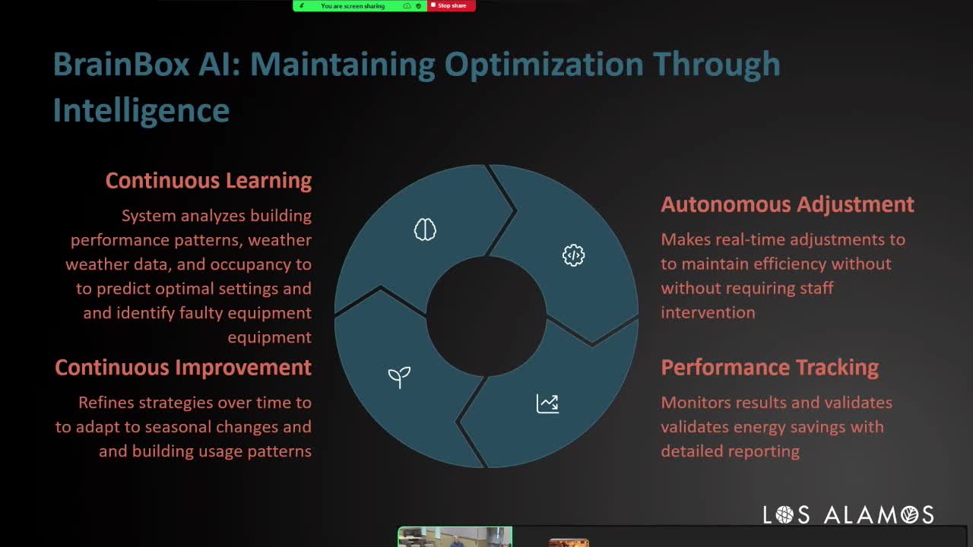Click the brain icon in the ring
(x=425, y=229)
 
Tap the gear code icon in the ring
(x=573, y=255)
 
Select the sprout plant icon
(x=399, y=377)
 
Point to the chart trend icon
(x=547, y=403)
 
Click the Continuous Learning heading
(x=208, y=181)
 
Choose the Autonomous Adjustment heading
(x=787, y=204)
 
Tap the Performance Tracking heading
(x=769, y=368)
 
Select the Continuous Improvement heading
(x=183, y=368)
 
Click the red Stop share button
(x=452, y=6)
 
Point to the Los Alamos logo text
(x=848, y=515)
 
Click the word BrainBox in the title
(x=121, y=65)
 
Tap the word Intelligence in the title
(x=141, y=111)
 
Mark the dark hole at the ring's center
(x=486, y=316)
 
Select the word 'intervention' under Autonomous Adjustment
(x=708, y=312)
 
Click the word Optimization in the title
(x=544, y=65)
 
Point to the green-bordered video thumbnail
(x=455, y=537)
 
